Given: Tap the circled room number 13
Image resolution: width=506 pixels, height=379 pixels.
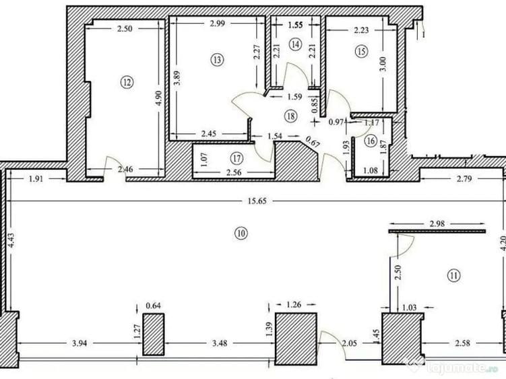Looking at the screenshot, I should [x=216, y=59].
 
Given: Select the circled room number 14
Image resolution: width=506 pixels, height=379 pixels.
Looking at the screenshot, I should [x=295, y=44].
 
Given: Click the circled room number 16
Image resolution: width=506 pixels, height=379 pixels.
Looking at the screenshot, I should [x=370, y=141].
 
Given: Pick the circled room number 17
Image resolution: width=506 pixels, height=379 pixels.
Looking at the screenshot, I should [x=235, y=159].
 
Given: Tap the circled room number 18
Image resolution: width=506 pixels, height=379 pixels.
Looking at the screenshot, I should [x=290, y=116].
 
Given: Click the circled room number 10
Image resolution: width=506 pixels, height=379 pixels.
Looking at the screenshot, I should [x=241, y=234].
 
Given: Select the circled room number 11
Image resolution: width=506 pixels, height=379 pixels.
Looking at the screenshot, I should [x=453, y=275].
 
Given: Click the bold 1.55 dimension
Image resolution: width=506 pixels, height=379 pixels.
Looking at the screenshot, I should [x=296, y=25].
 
